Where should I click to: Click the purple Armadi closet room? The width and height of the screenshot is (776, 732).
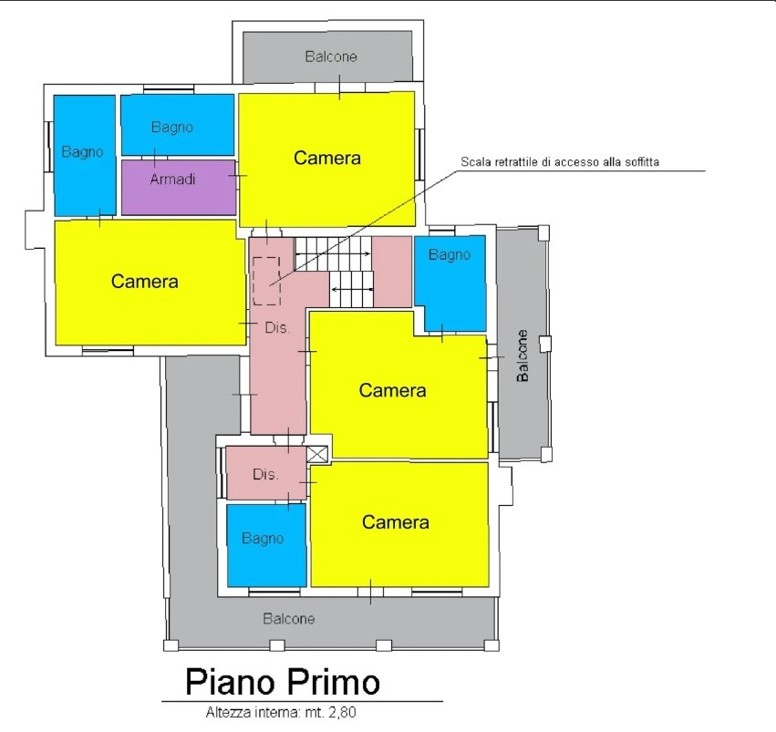(x=179, y=187)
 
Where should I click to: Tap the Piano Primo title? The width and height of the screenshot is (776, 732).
(x=283, y=682)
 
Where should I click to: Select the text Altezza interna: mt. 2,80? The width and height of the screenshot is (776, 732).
(x=281, y=712)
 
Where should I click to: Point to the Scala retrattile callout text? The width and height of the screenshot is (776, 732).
(x=560, y=161)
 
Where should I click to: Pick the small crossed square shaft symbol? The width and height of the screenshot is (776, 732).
(x=317, y=454)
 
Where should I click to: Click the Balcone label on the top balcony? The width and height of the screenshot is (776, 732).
(x=331, y=57)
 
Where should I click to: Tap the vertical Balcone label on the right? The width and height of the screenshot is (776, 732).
(x=523, y=356)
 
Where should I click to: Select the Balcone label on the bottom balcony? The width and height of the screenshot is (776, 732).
(x=289, y=619)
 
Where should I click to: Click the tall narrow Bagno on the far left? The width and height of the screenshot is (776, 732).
(x=85, y=155)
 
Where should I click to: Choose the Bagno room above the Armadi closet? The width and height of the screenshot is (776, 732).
(x=178, y=125)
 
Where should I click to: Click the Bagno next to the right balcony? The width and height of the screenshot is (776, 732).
(x=450, y=284)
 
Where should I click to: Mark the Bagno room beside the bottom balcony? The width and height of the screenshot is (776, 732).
(x=267, y=545)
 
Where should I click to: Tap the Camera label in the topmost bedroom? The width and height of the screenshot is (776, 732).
(x=327, y=158)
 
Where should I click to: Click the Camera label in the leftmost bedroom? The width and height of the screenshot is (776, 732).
(x=144, y=282)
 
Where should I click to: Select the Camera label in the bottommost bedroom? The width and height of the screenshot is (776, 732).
(x=396, y=522)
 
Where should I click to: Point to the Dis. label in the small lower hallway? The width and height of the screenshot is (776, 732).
(x=265, y=474)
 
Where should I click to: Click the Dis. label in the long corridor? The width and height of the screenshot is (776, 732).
(x=277, y=327)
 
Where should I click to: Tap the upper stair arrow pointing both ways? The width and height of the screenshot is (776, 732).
(x=333, y=253)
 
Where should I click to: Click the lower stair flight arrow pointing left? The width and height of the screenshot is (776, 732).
(x=352, y=289)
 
